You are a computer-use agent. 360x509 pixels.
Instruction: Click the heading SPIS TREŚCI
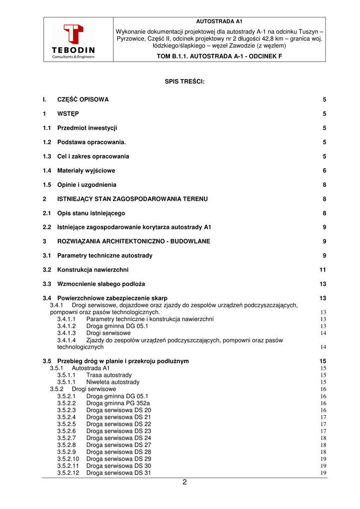point(185,81)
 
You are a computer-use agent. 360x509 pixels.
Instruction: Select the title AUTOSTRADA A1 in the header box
point(219,22)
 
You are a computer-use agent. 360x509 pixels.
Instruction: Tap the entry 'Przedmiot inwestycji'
point(87,128)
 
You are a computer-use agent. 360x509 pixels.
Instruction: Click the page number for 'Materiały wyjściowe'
point(324,170)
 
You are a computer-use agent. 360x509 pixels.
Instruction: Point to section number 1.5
point(47,185)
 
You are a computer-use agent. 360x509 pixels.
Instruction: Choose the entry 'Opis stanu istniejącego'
point(91,213)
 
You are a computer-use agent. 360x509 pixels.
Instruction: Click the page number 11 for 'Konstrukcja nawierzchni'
point(323,270)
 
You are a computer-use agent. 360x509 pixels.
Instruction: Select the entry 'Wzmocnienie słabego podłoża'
point(101,284)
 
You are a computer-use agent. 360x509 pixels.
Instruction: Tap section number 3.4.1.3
point(66,333)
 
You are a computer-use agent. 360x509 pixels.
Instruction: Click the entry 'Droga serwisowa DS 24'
point(118,438)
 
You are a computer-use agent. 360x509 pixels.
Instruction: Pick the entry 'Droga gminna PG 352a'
point(118,404)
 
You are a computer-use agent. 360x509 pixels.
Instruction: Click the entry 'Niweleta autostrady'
point(112,382)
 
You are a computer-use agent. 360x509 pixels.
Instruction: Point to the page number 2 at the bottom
point(184,482)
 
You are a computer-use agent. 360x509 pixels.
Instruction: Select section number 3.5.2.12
point(68,473)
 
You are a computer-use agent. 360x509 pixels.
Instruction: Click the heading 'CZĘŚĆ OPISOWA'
point(83,99)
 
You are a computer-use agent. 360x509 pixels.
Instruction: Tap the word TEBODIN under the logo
point(73,50)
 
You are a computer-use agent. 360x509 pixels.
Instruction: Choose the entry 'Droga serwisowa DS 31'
point(118,473)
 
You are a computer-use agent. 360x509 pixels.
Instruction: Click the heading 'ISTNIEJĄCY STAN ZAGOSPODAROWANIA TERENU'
point(132,199)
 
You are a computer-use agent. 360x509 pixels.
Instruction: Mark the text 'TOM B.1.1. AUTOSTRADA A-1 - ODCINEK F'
point(219,56)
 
